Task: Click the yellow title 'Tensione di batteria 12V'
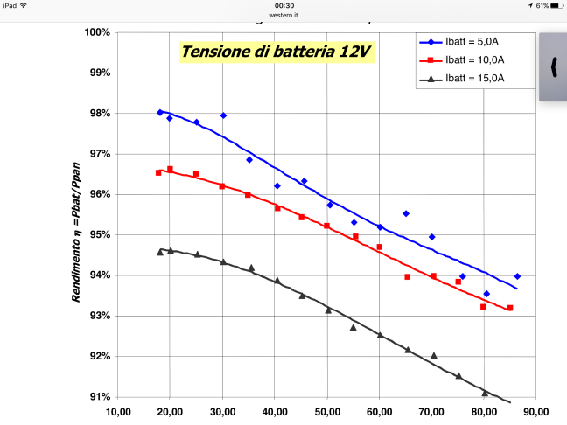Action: coord(276,52)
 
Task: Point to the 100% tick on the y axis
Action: coord(96,32)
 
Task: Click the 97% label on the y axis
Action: coord(98,154)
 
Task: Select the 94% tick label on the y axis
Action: coord(98,275)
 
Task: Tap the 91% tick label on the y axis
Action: coord(98,397)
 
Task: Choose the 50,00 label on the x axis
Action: coord(327,412)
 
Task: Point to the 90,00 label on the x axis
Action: coord(535,412)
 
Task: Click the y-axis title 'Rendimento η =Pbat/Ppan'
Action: coord(78,226)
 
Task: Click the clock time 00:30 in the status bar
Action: coord(283,5)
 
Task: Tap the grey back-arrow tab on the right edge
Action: coord(553,66)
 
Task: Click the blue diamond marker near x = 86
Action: coord(517,276)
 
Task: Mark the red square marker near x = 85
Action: coord(510,308)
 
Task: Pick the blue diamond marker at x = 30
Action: coord(223,115)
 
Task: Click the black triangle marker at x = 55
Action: coord(353,327)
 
